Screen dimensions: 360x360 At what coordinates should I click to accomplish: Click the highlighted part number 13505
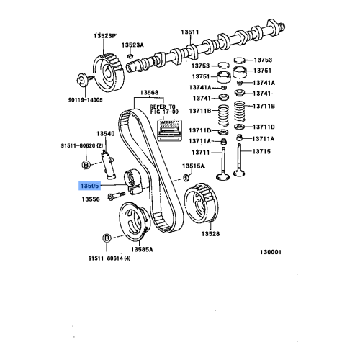point(91,184)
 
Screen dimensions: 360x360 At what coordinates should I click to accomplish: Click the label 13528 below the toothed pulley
point(210,234)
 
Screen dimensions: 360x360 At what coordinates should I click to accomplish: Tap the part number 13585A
point(141,248)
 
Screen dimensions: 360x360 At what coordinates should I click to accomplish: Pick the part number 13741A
point(264,82)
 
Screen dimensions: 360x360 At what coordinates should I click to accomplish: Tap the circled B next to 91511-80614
point(107,238)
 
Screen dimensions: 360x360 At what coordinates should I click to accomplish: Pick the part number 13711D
point(200,130)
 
